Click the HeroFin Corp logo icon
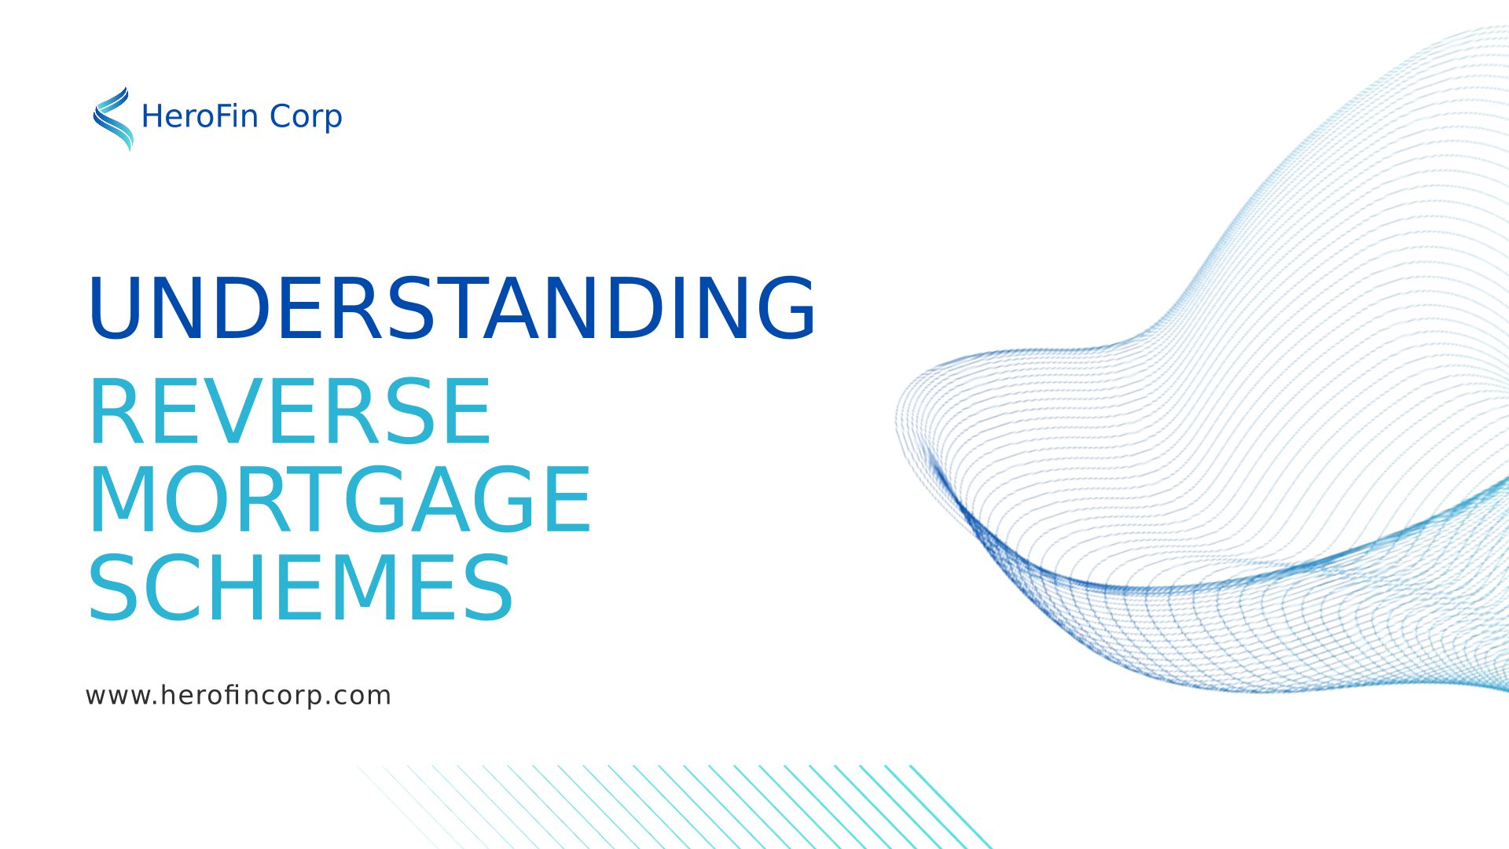[x=113, y=119]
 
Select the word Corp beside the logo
[x=306, y=118]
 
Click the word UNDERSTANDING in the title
[x=453, y=308]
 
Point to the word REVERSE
[x=290, y=411]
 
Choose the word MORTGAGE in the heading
[x=340, y=499]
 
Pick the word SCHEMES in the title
[x=301, y=587]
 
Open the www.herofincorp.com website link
[x=238, y=696]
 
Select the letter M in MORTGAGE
[x=123, y=499]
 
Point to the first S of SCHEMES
[x=114, y=587]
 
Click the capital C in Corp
[x=281, y=116]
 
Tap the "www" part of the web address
[x=118, y=696]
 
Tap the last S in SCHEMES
[x=488, y=587]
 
